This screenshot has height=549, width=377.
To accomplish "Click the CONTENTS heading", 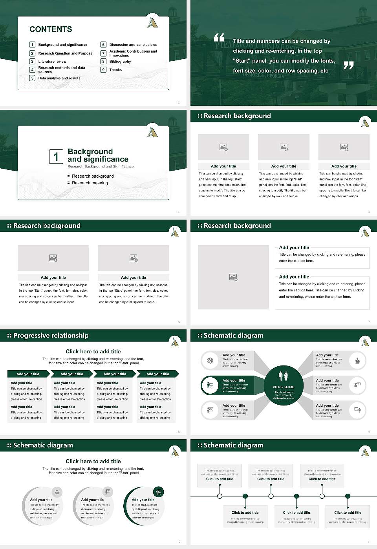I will tap(51, 29).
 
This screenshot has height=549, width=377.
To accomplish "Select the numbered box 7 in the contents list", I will tap(103, 53).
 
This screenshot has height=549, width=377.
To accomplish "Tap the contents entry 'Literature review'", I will tap(52, 62).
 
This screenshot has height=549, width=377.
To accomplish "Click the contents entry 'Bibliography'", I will tap(120, 62).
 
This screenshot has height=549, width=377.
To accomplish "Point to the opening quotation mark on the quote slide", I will tap(219, 38).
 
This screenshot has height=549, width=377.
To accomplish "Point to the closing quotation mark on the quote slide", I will tap(348, 65).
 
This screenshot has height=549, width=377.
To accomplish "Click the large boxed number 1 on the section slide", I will tap(56, 157).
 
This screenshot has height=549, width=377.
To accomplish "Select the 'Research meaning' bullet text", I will tap(90, 183).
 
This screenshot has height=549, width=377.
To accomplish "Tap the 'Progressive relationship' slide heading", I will tap(51, 335).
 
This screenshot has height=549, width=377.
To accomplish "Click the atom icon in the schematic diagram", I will tap(210, 360).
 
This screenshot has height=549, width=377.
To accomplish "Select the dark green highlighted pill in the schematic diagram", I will tap(228, 385).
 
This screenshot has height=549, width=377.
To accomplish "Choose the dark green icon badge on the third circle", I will tap(159, 492).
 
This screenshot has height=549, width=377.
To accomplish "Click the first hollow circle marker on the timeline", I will tap(220, 496).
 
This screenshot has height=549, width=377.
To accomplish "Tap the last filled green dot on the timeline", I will tap(348, 496).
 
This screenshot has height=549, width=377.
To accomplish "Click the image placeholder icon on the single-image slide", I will tap(233, 277).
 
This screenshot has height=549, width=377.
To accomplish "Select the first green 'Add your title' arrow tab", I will tap(28, 374).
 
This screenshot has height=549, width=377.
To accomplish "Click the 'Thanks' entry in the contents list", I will tap(115, 70).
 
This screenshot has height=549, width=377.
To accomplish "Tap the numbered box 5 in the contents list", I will tap(32, 78).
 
